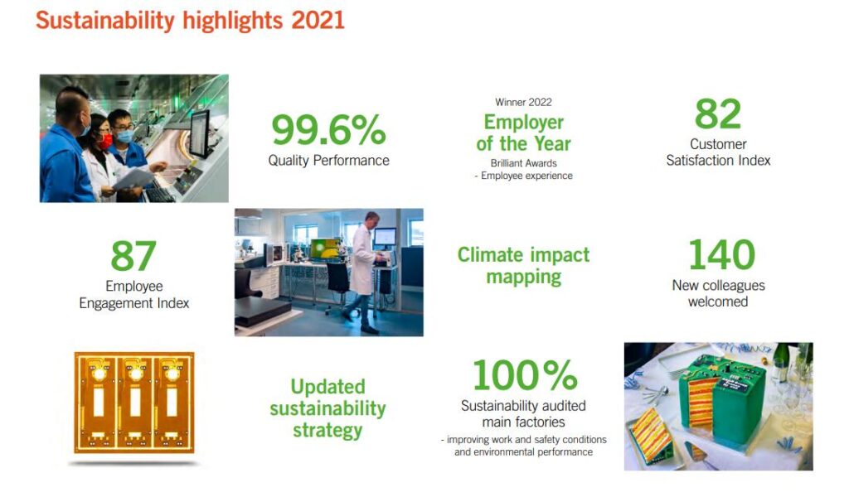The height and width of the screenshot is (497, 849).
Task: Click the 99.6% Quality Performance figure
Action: click(328, 130)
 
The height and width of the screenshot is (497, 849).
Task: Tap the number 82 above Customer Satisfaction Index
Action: click(718, 113)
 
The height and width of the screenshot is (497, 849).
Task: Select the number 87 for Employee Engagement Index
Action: click(133, 256)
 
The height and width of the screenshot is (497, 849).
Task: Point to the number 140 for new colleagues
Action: click(722, 255)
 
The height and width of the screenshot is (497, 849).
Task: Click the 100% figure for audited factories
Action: click(525, 375)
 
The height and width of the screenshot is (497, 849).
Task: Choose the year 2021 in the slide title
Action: click(318, 21)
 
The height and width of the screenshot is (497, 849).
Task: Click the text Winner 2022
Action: click(524, 102)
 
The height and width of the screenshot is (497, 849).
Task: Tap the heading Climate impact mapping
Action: click(524, 266)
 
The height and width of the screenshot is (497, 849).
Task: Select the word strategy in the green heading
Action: click(327, 431)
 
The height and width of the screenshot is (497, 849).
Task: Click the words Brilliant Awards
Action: click(524, 163)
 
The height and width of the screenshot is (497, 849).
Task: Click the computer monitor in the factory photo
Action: click(200, 133)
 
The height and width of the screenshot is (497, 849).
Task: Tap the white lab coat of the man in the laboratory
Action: click(362, 259)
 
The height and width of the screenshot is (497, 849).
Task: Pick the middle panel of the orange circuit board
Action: click(134, 403)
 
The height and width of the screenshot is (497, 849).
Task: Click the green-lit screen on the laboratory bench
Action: click(325, 248)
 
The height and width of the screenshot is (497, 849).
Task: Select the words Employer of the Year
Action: click(524, 133)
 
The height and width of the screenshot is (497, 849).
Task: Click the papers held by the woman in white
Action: click(133, 178)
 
